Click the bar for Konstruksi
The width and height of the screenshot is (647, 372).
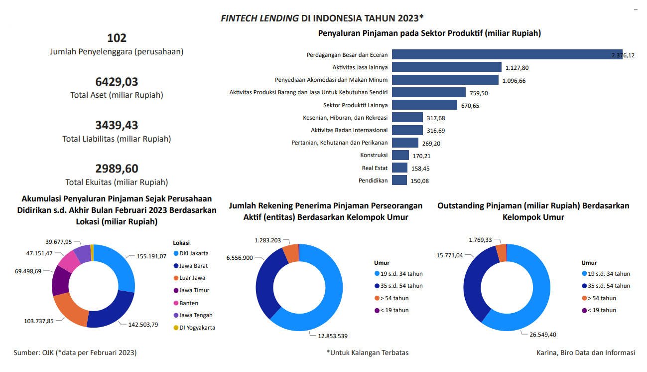tap(400, 155)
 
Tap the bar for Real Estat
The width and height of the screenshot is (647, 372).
tap(399, 168)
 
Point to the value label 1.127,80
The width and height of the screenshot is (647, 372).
tap(517, 68)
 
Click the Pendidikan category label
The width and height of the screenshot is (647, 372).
tap(373, 181)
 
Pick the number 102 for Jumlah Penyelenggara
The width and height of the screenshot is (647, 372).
tap(117, 38)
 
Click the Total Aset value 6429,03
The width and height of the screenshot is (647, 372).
tap(117, 82)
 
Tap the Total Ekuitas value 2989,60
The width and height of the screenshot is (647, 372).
tap(117, 169)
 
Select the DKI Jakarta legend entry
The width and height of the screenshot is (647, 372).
tap(194, 253)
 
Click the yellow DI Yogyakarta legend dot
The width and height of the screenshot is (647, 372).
tap(176, 328)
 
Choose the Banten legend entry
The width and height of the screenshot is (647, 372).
tap(189, 303)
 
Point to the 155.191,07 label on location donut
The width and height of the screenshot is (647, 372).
tap(151, 256)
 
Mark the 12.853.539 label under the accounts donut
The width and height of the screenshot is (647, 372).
tap(333, 336)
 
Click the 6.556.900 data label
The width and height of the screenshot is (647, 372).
tap(240, 258)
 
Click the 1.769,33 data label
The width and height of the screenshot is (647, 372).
tap(480, 240)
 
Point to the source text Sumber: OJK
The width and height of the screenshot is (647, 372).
tap(75, 353)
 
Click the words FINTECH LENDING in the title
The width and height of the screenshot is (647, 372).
tap(259, 18)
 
